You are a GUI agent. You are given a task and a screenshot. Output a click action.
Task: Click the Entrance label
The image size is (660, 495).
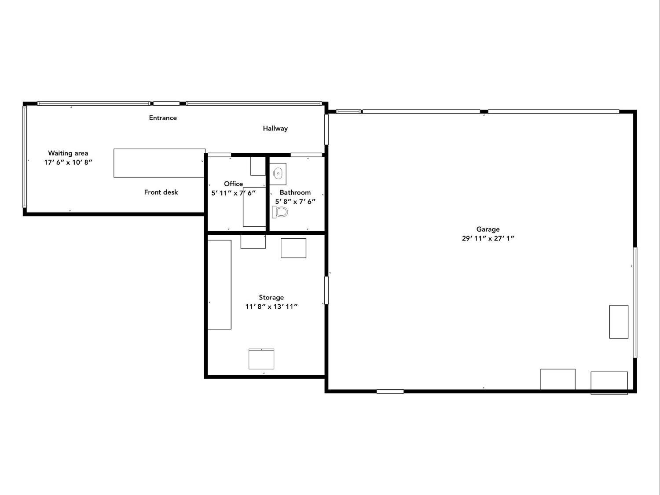point(163,118)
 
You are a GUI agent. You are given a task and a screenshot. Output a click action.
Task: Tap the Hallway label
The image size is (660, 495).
point(275,129)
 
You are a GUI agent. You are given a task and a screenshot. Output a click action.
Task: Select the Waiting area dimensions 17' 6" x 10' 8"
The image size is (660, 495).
point(68,162)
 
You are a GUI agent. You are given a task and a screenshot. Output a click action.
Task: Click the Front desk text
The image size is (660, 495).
point(161,192)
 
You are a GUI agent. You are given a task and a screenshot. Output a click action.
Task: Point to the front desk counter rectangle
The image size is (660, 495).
point(159,163)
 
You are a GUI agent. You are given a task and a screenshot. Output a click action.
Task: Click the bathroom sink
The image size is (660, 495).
point(278,174)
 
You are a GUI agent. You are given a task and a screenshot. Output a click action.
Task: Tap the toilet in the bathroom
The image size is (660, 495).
point(280,212)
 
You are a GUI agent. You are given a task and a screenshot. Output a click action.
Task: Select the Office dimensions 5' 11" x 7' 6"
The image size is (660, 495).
point(233,193)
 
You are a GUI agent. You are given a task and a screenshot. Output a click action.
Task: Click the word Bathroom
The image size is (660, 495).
point(295,192)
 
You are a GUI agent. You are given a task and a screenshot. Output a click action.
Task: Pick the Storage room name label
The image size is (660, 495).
point(271,297)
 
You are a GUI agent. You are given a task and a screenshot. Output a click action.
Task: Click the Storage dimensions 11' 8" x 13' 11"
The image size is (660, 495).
point(271,307)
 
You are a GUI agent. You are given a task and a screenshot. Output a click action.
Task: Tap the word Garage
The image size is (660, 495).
point(488,229)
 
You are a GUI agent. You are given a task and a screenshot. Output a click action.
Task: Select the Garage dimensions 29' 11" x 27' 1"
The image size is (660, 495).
point(488,238)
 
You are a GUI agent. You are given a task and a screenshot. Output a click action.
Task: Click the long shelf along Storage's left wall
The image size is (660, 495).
point(220,284)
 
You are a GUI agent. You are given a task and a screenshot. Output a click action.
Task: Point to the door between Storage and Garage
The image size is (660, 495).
point(326,290)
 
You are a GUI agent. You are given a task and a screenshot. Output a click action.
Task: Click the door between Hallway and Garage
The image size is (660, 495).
point(326,129)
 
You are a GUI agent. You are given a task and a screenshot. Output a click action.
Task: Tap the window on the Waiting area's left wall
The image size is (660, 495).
point(25,157)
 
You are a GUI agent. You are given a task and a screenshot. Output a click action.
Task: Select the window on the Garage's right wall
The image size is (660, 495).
point(635,303)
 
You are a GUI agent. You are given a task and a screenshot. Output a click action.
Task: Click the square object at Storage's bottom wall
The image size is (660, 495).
point(261,359)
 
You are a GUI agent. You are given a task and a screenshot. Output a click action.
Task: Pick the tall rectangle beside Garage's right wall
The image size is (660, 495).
point(619,321)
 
